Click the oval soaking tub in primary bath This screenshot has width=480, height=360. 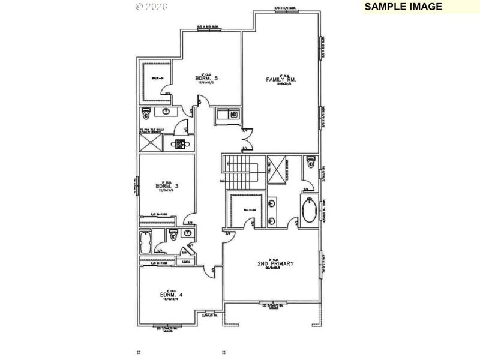[309, 212]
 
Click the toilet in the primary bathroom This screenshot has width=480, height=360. [310, 163]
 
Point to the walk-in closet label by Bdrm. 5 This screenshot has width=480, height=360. [157, 77]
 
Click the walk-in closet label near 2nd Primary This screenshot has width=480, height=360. [249, 209]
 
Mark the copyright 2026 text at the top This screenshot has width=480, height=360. [151, 7]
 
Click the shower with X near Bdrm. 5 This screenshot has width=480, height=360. [151, 142]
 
